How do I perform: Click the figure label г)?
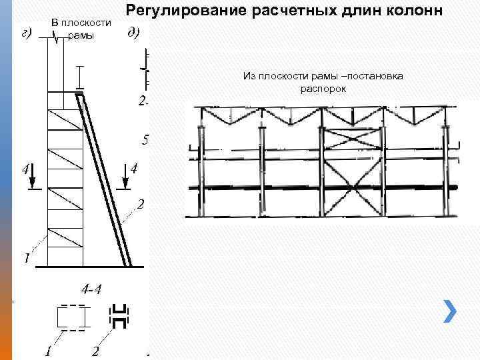[28, 34]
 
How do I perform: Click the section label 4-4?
[91, 289]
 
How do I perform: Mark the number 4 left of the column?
[25, 169]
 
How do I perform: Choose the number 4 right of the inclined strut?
[133, 168]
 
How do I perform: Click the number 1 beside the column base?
[27, 257]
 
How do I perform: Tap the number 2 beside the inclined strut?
[141, 204]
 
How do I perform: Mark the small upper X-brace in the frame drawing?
[352, 141]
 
